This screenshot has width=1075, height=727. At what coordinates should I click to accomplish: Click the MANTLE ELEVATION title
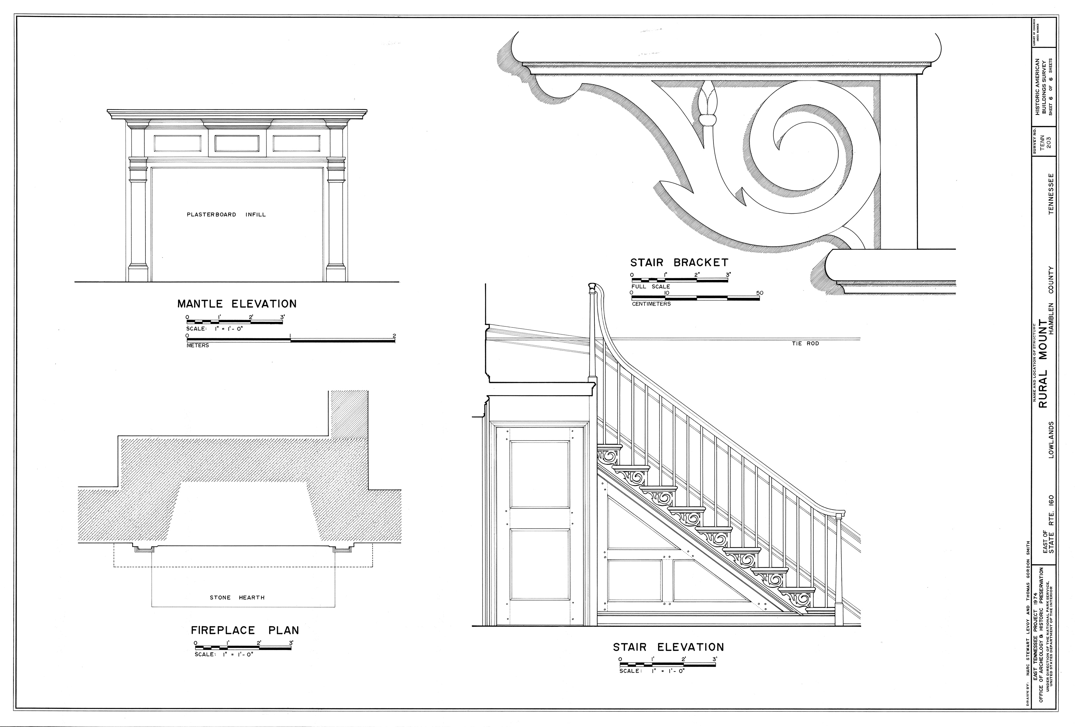237,304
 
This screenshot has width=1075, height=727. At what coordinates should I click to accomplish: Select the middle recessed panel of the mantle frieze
237,143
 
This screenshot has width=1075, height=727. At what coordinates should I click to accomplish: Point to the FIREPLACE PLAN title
245,631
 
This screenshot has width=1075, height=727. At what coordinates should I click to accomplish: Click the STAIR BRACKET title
679,263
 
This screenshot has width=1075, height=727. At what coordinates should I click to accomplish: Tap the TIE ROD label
806,344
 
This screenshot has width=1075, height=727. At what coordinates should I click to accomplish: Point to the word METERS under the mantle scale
198,345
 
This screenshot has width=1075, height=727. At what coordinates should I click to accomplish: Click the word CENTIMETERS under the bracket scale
651,304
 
